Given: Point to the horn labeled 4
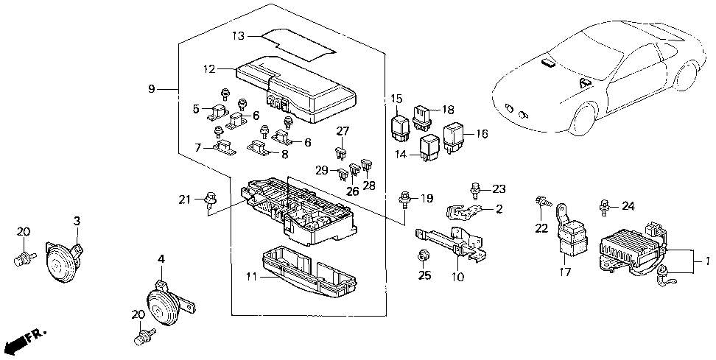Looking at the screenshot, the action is coord(168,304).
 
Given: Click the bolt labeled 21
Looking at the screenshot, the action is coord(211,200).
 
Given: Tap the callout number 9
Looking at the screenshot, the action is coord(152,89).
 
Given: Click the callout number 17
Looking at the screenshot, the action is coord(564,272).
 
